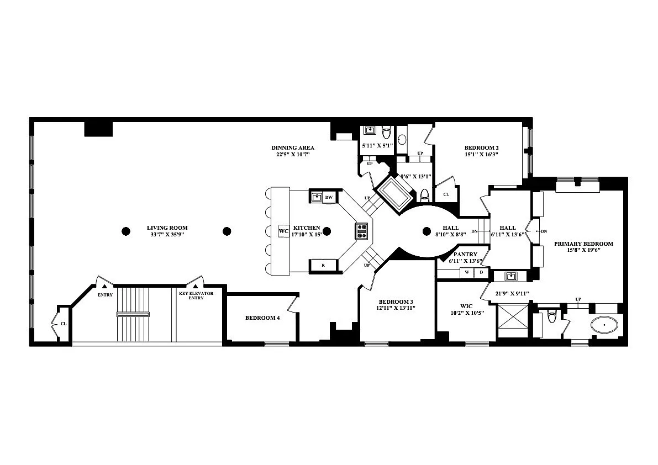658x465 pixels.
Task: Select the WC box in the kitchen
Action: tap(283, 231)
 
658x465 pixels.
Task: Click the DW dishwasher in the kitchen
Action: tap(329, 198)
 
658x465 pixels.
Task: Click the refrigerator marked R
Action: tap(323, 266)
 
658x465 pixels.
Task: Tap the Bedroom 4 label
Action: tap(262, 318)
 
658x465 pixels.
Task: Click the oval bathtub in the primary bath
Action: tap(605, 325)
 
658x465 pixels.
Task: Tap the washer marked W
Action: tap(467, 273)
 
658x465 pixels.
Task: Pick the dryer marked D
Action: tap(481, 273)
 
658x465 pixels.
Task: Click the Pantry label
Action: tap(465, 254)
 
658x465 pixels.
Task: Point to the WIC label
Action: tap(466, 307)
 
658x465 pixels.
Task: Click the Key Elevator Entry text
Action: tap(196, 295)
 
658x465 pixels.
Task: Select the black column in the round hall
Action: tap(427, 231)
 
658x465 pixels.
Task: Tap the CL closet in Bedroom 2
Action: tap(446, 194)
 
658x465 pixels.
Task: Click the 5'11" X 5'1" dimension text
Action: tap(377, 146)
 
